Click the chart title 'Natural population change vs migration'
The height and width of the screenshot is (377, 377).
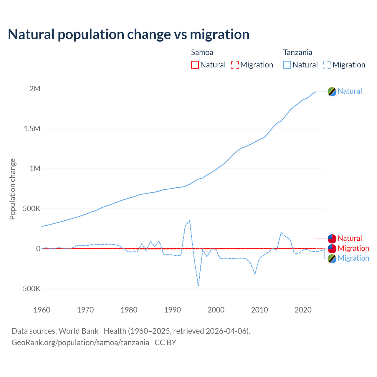point(129,34)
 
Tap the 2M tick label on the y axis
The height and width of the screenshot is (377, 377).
point(35,89)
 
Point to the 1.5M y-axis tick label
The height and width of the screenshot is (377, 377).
point(32,129)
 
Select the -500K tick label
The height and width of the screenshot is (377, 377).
point(30,289)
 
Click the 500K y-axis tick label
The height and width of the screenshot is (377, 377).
point(32,209)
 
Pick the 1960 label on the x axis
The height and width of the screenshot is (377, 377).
point(42,310)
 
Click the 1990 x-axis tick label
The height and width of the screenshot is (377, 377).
point(173,310)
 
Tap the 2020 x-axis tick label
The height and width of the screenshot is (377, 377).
point(303,310)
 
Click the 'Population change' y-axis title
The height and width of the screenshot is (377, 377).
point(12,189)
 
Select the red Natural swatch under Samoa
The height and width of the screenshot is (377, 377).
point(195,65)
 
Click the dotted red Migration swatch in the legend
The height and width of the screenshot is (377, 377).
point(235,65)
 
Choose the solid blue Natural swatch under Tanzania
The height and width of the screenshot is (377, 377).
point(287,65)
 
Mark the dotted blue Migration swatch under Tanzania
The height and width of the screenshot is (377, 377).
point(327,65)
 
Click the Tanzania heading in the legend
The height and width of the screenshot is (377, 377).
point(297,52)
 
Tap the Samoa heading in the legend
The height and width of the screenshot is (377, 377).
point(202,52)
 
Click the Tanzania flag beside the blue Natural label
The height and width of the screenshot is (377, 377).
point(332,92)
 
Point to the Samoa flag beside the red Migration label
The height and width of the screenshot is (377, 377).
point(332,249)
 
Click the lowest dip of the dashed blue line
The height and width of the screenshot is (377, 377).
point(198,286)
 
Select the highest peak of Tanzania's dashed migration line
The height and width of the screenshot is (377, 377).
point(190,220)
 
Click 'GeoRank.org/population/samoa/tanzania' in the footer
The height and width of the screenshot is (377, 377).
point(80,343)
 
